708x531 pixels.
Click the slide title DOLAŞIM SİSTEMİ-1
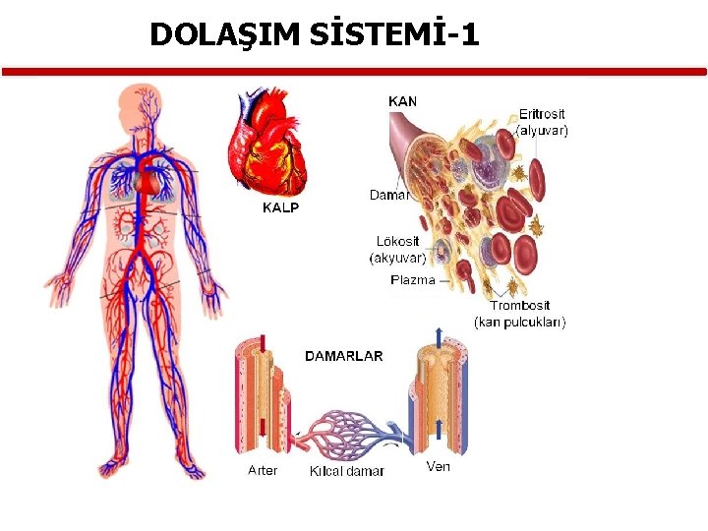tap(315, 35)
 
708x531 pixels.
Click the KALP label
tap(280, 207)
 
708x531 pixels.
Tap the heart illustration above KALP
tap(267, 144)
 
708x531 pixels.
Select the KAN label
tap(403, 100)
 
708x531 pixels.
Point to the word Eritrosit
tap(542, 115)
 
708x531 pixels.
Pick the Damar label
tap(388, 195)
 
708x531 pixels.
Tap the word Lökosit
tap(397, 242)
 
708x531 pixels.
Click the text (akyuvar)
tap(397, 258)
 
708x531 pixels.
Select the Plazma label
tap(413, 280)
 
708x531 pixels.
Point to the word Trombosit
tap(520, 306)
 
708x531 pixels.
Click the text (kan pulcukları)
tap(520, 322)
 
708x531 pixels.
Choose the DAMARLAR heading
tap(344, 356)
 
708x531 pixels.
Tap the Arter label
tap(263, 470)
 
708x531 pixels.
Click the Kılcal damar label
tap(346, 471)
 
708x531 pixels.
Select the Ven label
tap(439, 466)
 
